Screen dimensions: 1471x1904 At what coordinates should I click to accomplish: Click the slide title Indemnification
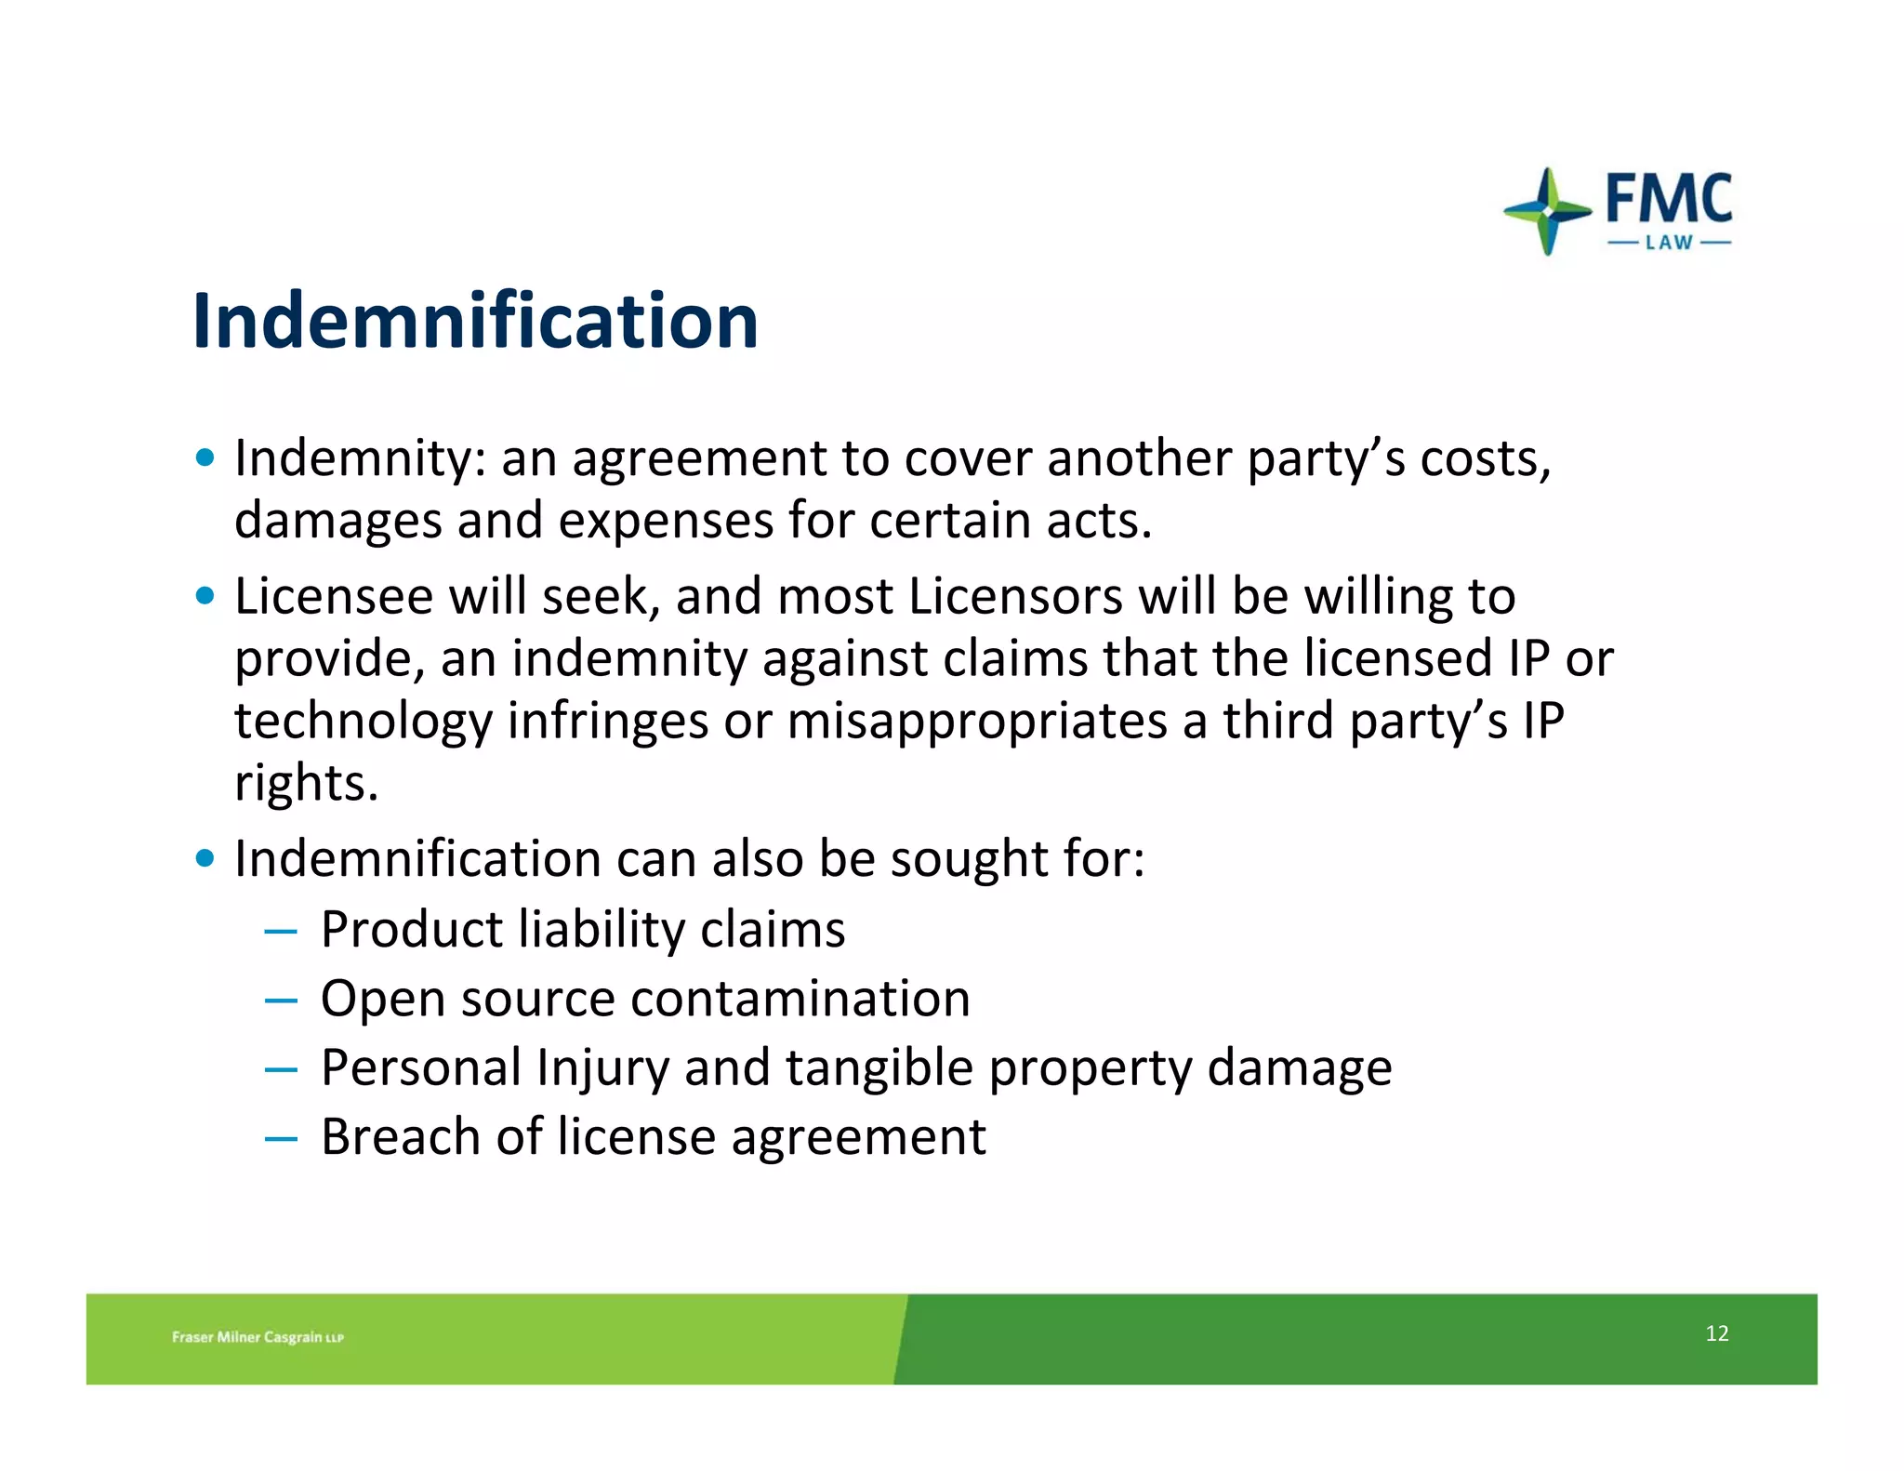click(475, 321)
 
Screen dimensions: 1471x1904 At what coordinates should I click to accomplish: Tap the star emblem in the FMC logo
click(1547, 211)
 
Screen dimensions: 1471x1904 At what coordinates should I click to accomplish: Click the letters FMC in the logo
click(1669, 198)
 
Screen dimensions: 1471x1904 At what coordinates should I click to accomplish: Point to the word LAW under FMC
click(1669, 244)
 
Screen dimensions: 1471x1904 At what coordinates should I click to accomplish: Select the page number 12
click(1716, 1333)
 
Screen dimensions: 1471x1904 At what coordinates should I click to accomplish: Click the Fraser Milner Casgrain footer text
click(258, 1337)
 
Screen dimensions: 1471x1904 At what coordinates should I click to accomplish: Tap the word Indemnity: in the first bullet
click(360, 458)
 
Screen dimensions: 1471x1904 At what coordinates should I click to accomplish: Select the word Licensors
click(1015, 596)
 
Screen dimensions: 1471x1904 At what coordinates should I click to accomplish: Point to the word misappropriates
click(977, 721)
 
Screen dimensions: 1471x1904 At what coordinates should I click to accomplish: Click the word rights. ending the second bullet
click(306, 783)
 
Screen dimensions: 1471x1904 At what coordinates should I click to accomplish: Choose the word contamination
click(800, 999)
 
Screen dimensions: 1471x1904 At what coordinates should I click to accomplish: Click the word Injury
click(602, 1067)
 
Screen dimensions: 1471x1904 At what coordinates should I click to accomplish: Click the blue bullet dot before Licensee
click(205, 595)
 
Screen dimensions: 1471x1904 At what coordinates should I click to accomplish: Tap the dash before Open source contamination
click(280, 1001)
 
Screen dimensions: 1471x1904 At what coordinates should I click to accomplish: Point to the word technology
click(364, 721)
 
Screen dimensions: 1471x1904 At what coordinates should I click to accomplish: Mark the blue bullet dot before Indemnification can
click(205, 857)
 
